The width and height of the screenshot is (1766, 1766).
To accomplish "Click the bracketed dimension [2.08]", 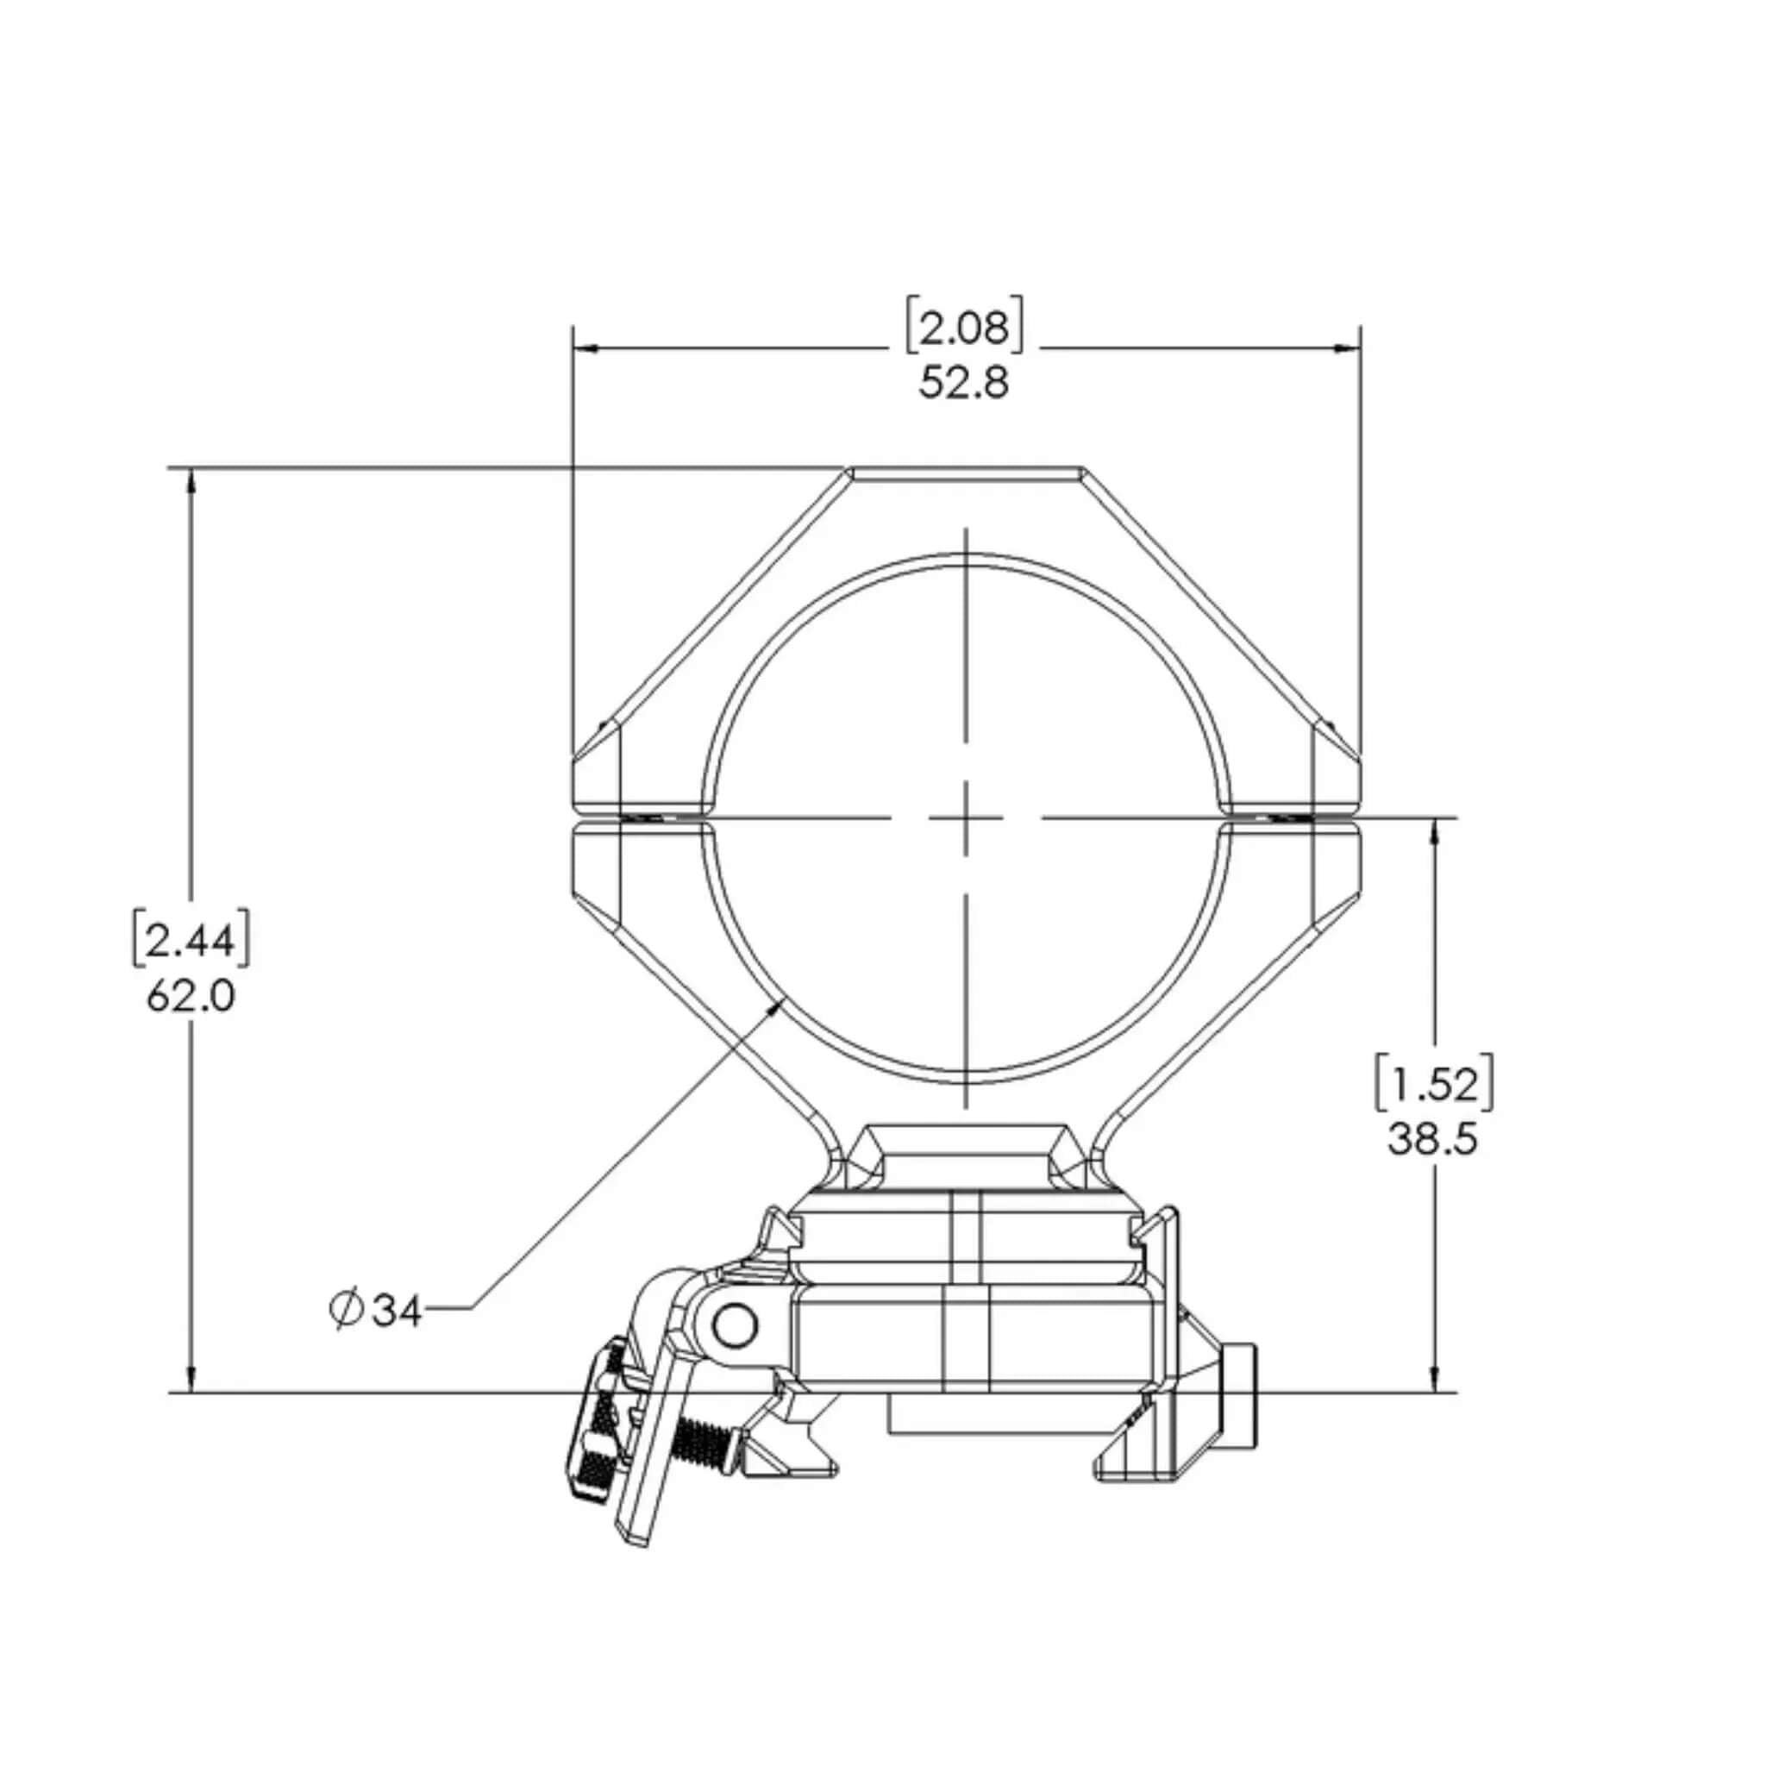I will click(964, 327).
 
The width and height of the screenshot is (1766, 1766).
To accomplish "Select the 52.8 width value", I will click(964, 383).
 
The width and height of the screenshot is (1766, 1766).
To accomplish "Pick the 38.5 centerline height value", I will click(1432, 1139).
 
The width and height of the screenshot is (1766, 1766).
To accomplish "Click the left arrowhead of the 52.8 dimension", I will click(585, 348).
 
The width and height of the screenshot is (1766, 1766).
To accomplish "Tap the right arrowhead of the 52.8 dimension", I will click(1349, 348).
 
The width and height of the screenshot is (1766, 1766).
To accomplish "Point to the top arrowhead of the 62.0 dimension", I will click(191, 481).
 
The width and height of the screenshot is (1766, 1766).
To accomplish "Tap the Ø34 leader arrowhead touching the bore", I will click(779, 1005).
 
